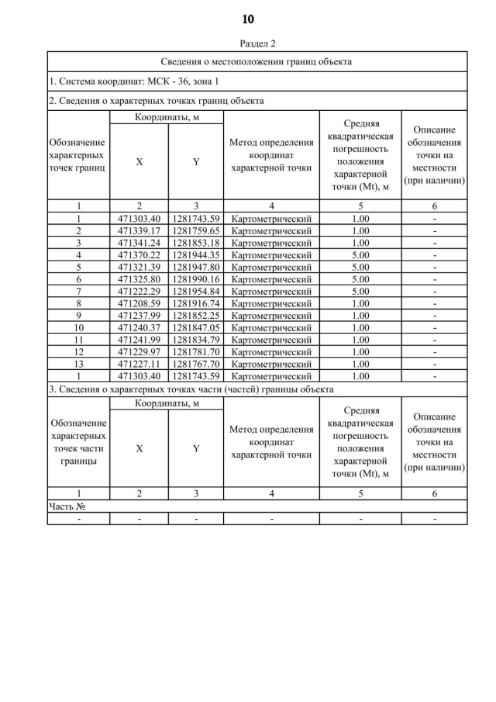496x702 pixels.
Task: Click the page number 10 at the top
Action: pyautogui.click(x=248, y=19)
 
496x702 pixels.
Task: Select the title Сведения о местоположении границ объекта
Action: pyautogui.click(x=257, y=61)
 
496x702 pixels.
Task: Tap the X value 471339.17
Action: pyautogui.click(x=139, y=230)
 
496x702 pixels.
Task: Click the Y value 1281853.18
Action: pyautogui.click(x=196, y=243)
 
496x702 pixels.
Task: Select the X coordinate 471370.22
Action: pyautogui.click(x=139, y=254)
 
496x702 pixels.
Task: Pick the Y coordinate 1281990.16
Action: pyautogui.click(x=196, y=278)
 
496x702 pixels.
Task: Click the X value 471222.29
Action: pyautogui.click(x=139, y=291)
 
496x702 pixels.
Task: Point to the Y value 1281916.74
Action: pyautogui.click(x=196, y=303)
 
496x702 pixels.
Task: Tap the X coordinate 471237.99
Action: pyautogui.click(x=139, y=315)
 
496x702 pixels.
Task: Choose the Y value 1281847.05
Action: pyautogui.click(x=196, y=327)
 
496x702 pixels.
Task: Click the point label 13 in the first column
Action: pyautogui.click(x=78, y=364)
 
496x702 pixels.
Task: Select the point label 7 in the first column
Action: pyautogui.click(x=78, y=291)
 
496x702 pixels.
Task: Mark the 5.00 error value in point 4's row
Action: pyautogui.click(x=360, y=254)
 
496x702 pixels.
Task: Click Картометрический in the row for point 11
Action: pyautogui.click(x=271, y=340)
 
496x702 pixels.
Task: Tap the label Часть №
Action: pyautogui.click(x=67, y=506)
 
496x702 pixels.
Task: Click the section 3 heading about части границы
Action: pyautogui.click(x=191, y=389)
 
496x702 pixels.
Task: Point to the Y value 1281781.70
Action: pyautogui.click(x=196, y=351)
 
